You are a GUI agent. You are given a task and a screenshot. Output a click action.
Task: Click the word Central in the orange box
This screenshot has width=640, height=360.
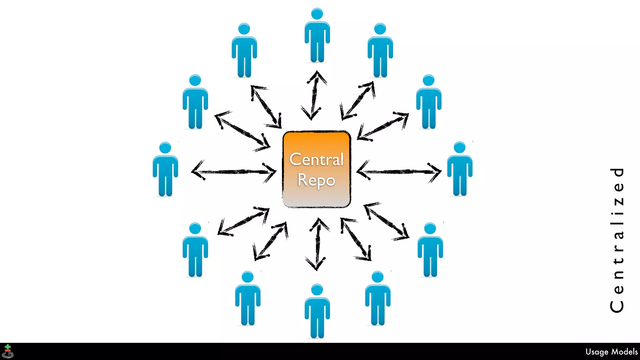316,160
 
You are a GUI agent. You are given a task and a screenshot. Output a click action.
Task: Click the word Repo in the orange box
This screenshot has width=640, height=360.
316,180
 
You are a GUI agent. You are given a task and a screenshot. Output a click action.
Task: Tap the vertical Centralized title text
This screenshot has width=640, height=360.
617,240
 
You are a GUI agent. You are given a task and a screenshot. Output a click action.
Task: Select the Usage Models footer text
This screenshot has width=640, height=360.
611,352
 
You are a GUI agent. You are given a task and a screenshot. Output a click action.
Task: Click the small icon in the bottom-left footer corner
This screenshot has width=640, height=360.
8,352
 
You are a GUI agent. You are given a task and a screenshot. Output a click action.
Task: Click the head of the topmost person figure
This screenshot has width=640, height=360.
317,14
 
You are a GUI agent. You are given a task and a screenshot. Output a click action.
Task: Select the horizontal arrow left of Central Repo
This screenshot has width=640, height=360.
234,172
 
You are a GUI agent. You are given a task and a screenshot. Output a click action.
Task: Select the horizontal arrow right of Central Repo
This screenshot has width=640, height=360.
399,172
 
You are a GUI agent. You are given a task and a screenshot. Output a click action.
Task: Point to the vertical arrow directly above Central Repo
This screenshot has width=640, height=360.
314,95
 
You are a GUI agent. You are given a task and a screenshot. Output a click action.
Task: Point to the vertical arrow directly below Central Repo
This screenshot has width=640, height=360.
318,244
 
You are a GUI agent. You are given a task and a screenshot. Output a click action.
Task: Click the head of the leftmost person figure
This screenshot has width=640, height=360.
165,148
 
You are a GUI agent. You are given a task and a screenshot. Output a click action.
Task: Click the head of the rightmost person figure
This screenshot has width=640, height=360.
459,147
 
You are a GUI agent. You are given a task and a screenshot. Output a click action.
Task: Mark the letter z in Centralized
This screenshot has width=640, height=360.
617,201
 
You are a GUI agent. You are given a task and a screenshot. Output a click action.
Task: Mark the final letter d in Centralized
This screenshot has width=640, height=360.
617,172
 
